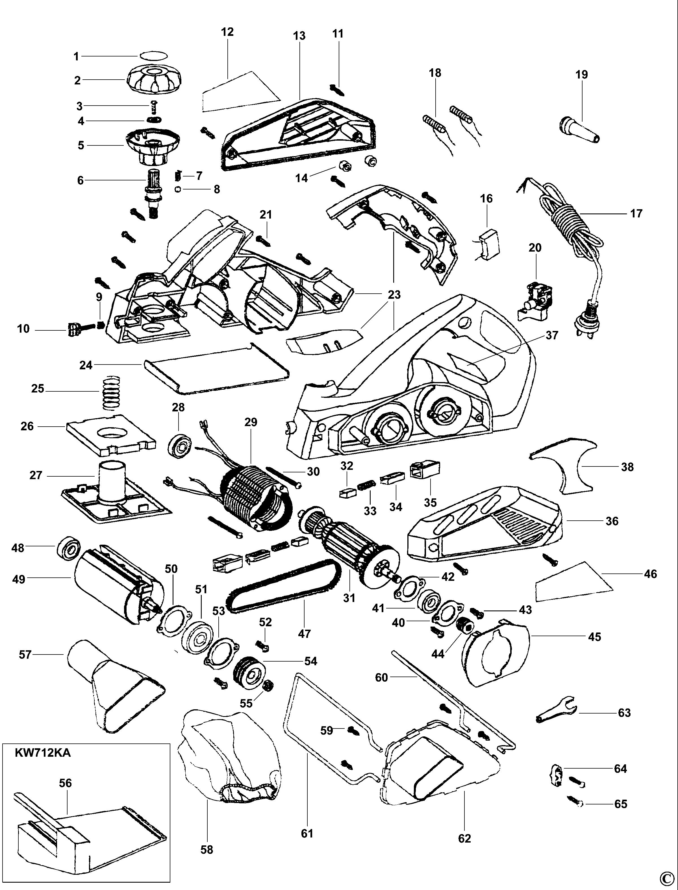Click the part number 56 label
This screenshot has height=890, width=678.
[x=65, y=783]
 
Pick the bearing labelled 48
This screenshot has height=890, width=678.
[x=70, y=547]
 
